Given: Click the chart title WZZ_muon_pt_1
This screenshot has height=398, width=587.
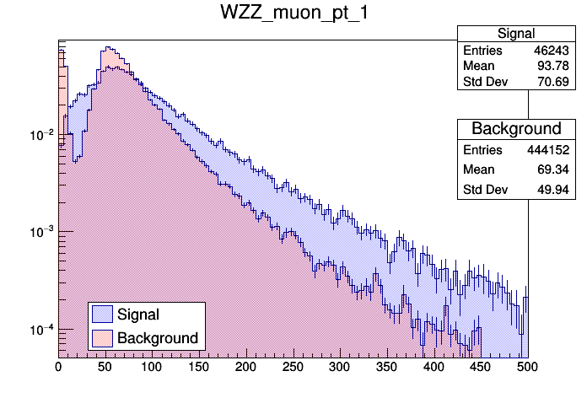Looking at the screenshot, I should [293, 14].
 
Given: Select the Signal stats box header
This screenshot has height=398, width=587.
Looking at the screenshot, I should [515, 33].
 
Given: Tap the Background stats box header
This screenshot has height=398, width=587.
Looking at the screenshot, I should [515, 129].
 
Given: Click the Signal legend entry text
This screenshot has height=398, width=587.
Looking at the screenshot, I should [139, 315].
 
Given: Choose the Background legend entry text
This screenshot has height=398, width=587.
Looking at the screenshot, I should [158, 338].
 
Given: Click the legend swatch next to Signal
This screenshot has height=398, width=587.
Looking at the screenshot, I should [102, 315].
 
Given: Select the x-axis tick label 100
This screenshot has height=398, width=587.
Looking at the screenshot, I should [152, 368].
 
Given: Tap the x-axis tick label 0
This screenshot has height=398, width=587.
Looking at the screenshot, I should [58, 368].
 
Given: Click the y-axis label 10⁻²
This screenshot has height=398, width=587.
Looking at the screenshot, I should [41, 135].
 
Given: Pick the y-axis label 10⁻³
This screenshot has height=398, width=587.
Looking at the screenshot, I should [41, 232].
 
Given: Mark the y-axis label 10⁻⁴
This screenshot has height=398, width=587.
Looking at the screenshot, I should [41, 329].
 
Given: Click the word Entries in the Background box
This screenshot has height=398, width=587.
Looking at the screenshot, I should [482, 150].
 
